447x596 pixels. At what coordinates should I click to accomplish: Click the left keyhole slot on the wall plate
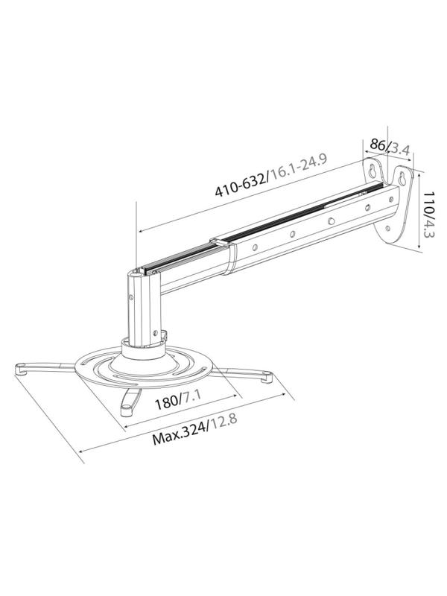pos(370,171)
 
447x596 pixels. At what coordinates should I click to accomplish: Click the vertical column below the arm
pos(139,305)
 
